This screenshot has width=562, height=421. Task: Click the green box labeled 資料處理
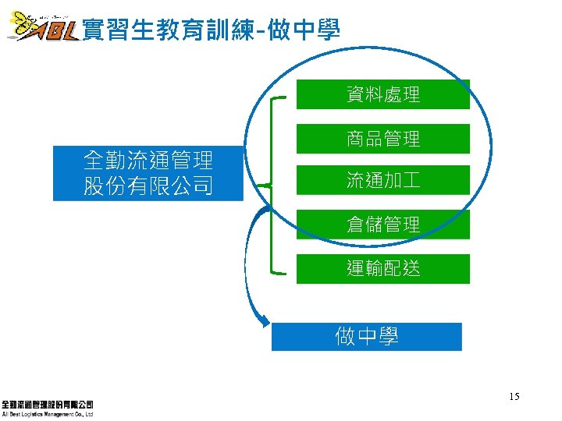coord(383,94)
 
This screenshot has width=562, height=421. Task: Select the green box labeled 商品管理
coord(383,139)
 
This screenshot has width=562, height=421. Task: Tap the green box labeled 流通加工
coord(383,181)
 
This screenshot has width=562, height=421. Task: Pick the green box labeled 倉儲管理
coord(383,225)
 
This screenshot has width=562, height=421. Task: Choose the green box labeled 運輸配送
coord(383,269)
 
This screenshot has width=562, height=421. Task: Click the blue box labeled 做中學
coord(367,337)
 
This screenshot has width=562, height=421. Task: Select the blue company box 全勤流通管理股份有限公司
coord(148,173)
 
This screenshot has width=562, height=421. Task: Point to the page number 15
coord(514,398)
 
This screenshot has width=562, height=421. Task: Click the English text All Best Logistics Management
coord(48,415)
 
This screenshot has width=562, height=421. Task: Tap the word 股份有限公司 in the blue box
coord(148,186)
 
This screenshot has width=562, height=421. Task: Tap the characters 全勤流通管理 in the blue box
coord(148,161)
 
